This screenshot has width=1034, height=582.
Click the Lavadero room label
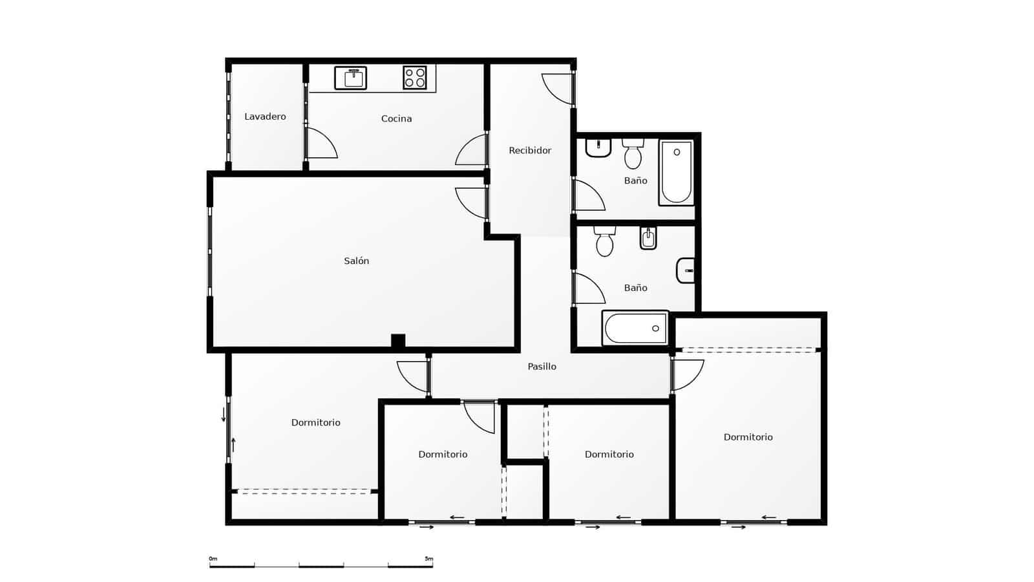click(x=265, y=117)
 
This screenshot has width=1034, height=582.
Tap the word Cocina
click(x=396, y=119)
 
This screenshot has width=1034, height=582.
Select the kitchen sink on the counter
click(x=350, y=78)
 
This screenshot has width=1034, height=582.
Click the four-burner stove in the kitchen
click(x=415, y=78)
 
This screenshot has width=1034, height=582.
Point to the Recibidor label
click(x=530, y=151)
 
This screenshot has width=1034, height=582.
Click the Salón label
click(x=356, y=261)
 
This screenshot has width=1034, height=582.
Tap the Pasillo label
click(x=542, y=367)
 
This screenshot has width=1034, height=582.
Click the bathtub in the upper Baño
click(x=676, y=172)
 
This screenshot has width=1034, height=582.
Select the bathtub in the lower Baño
click(x=635, y=329)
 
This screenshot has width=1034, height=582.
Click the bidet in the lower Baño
click(x=648, y=239)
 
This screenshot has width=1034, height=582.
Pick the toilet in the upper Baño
click(x=633, y=154)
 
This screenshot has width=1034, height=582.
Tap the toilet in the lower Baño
click(x=605, y=242)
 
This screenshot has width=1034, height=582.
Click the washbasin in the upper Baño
click(x=598, y=148)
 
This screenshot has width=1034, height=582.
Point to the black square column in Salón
click(x=398, y=341)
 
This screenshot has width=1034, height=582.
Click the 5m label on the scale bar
click(x=428, y=559)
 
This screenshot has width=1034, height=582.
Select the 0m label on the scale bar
click(x=213, y=559)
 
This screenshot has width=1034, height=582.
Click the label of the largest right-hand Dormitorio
click(x=748, y=438)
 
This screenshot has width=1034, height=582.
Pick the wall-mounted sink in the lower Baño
click(x=686, y=270)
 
